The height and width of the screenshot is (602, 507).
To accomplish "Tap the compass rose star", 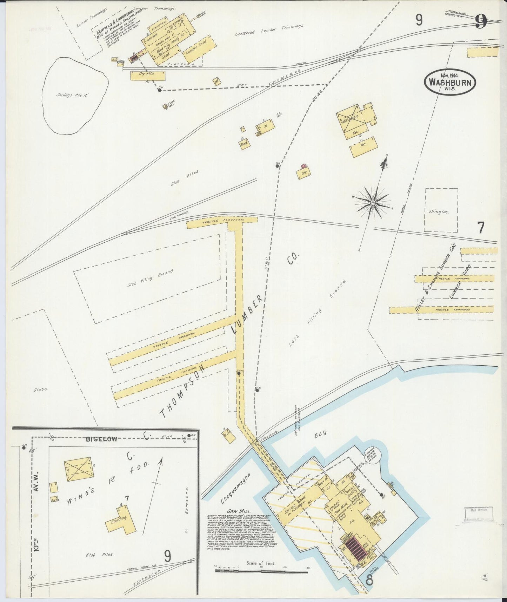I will click(372, 203).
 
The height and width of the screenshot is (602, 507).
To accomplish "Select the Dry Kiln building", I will click(147, 75).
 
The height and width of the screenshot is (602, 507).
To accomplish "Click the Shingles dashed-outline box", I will click(441, 210).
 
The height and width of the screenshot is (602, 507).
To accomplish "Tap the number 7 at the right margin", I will click(481, 228).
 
